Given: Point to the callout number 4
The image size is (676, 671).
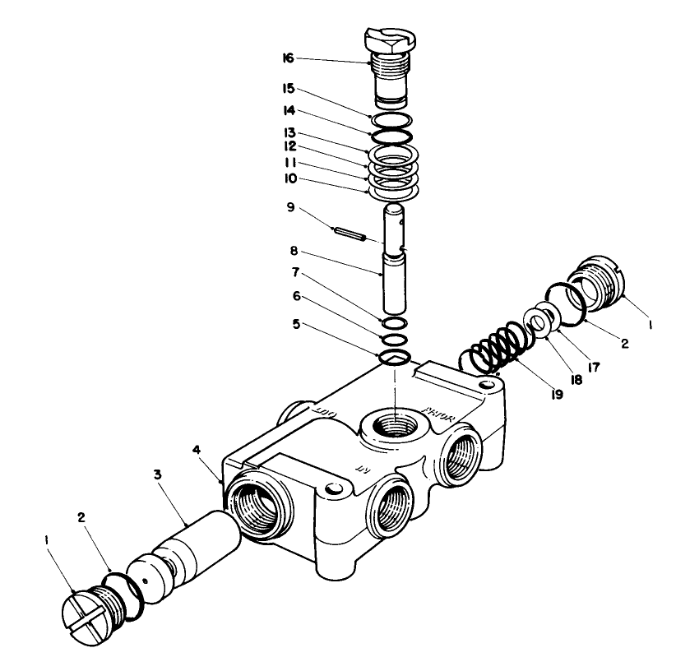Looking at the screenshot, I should click(197, 449).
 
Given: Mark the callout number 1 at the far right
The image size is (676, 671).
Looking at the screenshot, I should click(651, 325).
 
